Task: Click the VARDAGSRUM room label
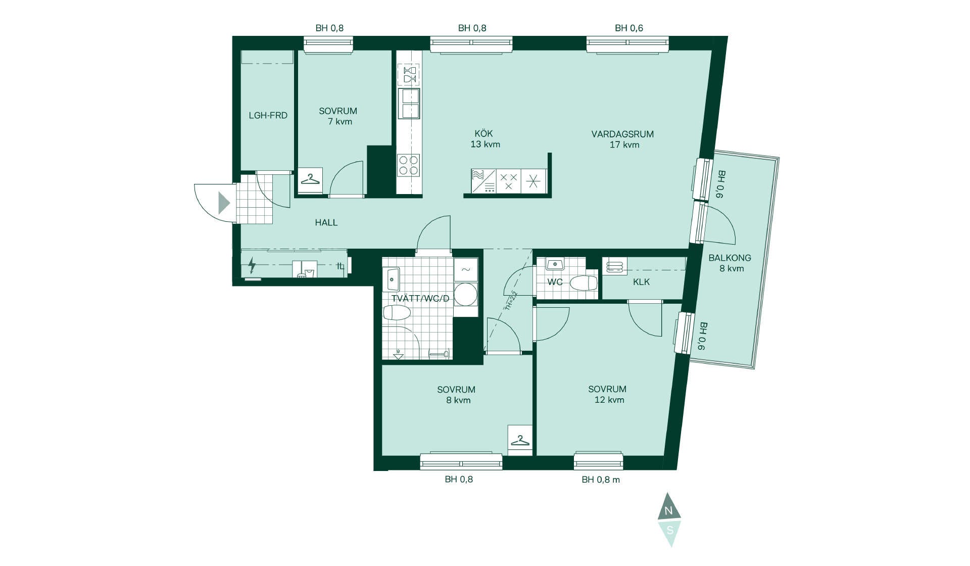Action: (x=622, y=134)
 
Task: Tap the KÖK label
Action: (x=483, y=133)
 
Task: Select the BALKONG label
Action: (x=730, y=258)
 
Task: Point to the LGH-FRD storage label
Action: (x=268, y=116)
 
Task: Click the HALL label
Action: (x=326, y=222)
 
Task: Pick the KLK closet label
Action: (x=641, y=282)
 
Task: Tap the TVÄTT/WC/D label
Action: (x=420, y=299)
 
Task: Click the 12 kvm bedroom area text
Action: (x=609, y=400)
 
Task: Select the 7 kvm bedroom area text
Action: (x=340, y=122)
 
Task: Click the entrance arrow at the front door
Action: (x=224, y=203)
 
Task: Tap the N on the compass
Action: (x=669, y=510)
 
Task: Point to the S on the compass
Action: (x=670, y=531)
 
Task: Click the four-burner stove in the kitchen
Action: (x=408, y=165)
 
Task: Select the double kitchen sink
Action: (x=408, y=103)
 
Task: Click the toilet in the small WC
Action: (x=584, y=283)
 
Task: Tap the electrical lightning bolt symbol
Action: (x=252, y=265)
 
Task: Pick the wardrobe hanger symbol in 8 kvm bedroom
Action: (x=520, y=440)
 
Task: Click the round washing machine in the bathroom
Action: (x=465, y=295)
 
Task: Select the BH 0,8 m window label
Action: (x=601, y=480)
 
